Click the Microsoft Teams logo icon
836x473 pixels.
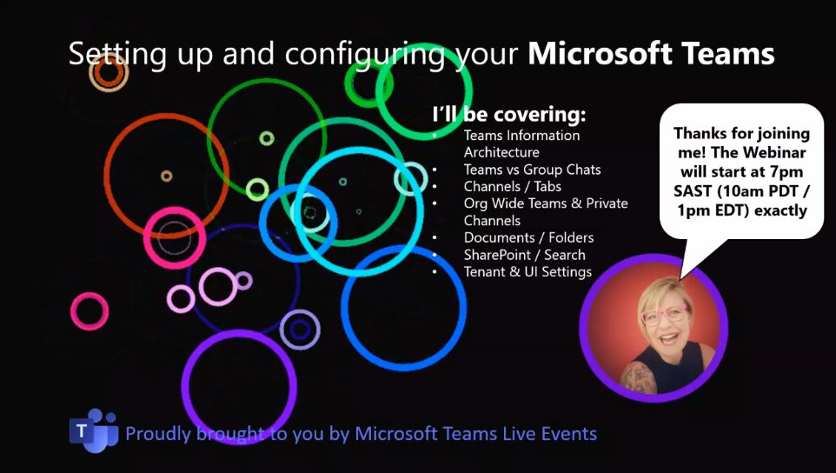93,430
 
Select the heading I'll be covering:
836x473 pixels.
508,115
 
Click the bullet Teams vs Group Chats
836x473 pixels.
532,170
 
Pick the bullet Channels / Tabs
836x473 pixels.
512,186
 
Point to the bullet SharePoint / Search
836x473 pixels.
524,255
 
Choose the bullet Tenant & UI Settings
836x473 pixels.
527,271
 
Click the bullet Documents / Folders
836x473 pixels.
528,237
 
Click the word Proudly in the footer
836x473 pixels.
156,433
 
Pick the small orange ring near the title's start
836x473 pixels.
109,73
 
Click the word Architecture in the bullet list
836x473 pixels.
501,152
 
